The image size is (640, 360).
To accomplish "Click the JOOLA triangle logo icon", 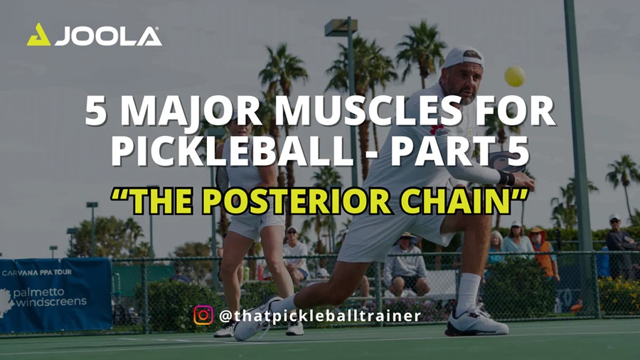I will click(38, 35).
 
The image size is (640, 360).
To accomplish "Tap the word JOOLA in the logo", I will click(108, 36).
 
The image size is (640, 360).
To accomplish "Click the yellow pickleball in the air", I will click(514, 76).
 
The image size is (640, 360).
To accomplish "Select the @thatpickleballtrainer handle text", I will click(320, 314).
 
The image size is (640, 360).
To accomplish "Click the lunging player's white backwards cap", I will click(463, 56).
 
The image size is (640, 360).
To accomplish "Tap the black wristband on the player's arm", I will click(506, 177).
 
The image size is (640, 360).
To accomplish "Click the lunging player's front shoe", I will click(476, 323).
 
